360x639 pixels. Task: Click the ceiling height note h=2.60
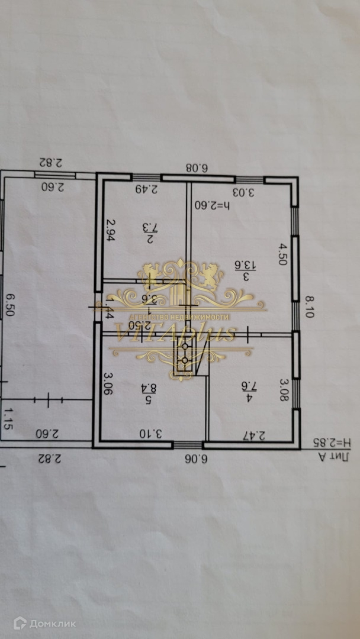click(213, 206)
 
